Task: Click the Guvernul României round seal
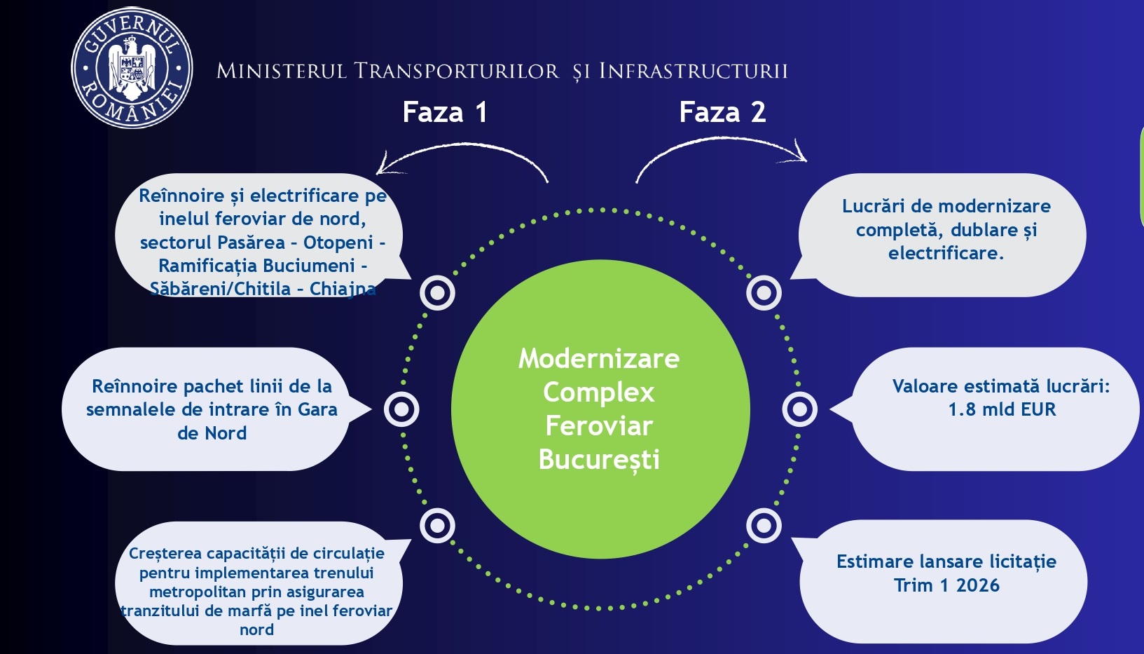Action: pyautogui.click(x=132, y=68)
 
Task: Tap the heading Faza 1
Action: pyautogui.click(x=444, y=112)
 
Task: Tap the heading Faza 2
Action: pyautogui.click(x=722, y=112)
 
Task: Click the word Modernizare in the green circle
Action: pyautogui.click(x=599, y=359)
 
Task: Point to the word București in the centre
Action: pyautogui.click(x=599, y=460)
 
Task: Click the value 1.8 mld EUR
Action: pyautogui.click(x=1002, y=410)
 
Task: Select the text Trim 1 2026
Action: pyautogui.click(x=946, y=586)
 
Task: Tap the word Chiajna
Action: pyautogui.click(x=343, y=289)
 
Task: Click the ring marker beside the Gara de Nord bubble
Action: pyautogui.click(x=401, y=409)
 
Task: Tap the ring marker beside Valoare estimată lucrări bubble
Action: pyautogui.click(x=799, y=409)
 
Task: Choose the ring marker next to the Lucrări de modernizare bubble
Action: pyautogui.click(x=764, y=292)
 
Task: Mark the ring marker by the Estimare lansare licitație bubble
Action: pyautogui.click(x=764, y=526)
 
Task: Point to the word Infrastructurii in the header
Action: pyautogui.click(x=694, y=71)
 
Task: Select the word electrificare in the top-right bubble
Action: pyautogui.click(x=945, y=254)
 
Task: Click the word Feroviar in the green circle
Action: pyautogui.click(x=599, y=426)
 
